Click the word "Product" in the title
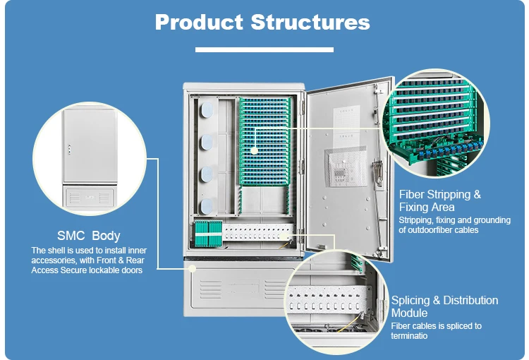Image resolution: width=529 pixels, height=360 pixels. (x=199, y=22)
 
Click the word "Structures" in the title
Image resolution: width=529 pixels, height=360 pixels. (x=310, y=22)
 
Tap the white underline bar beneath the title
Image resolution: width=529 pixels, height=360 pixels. (x=264, y=49)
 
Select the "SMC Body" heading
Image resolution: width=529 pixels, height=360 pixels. (x=88, y=236)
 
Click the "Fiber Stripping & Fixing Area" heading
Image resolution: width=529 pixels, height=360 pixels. (x=439, y=200)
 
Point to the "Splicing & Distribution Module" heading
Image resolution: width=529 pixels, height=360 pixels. (x=444, y=306)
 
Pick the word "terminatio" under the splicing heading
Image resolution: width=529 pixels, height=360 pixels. (x=409, y=336)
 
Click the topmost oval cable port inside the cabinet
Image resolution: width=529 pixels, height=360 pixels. (x=207, y=109)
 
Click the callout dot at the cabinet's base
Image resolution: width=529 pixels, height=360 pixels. (x=192, y=268)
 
